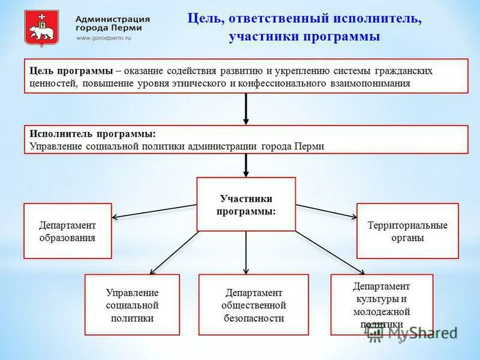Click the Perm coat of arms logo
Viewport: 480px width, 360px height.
[41, 28]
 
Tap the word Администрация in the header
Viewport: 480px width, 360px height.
[113, 19]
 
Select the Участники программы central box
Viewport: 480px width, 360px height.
[246, 205]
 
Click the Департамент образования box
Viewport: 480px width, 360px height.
[67, 231]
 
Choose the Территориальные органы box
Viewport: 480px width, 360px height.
[407, 231]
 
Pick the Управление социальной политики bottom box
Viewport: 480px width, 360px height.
[132, 305]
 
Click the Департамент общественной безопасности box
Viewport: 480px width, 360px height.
[253, 305]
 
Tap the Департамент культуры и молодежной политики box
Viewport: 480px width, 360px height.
[382, 305]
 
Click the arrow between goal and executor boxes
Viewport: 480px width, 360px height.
[246, 109]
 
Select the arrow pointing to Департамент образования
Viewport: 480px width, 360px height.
[155, 211]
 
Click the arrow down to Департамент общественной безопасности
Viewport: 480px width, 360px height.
[246, 253]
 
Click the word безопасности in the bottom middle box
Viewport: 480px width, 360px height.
[253, 318]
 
